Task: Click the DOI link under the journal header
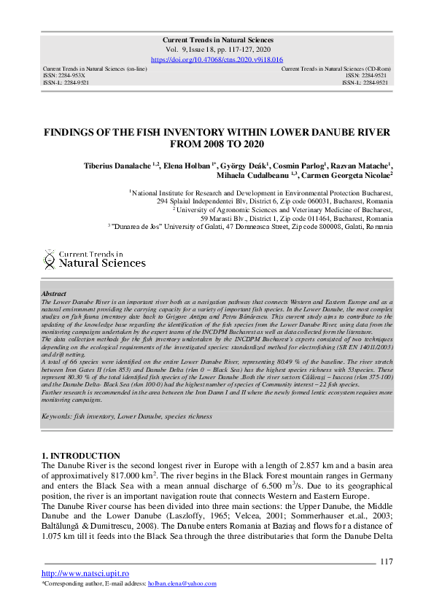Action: coord(217,59)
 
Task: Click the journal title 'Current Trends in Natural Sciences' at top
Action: coord(217,39)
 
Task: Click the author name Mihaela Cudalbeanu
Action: coord(252,176)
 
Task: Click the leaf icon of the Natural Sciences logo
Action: coord(50,257)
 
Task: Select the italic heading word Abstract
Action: coord(53,293)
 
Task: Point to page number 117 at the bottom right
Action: coord(387,561)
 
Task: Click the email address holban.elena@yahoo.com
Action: coord(182,584)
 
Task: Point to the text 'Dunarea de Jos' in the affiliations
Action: coord(139,228)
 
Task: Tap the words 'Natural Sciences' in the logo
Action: coord(101,263)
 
